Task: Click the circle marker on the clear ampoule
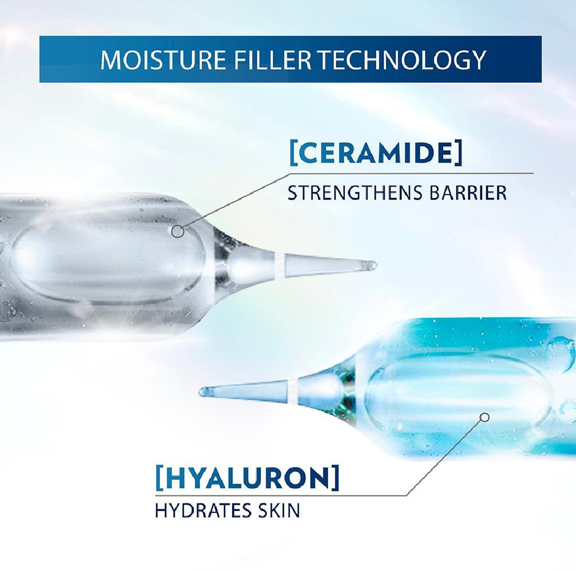[x=178, y=232]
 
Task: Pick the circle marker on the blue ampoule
[x=485, y=418]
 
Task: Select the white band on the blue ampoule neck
[x=295, y=388]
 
